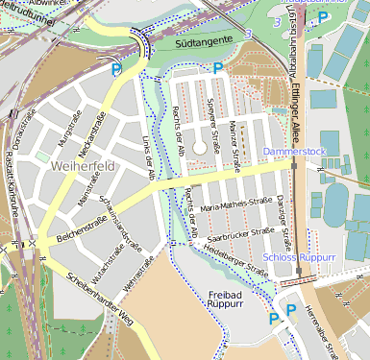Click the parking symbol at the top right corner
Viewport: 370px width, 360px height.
(x=323, y=16)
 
